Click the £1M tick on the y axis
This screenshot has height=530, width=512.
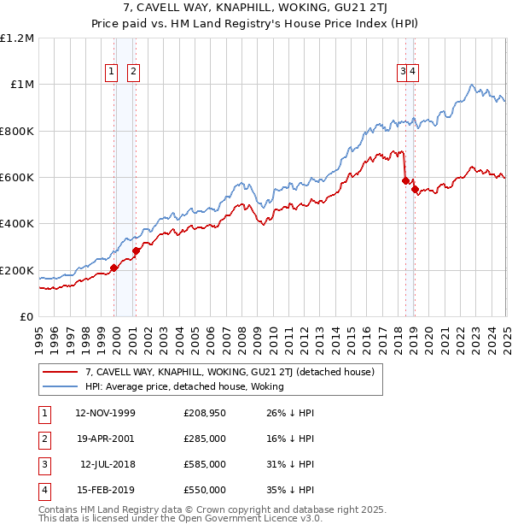click(x=20, y=84)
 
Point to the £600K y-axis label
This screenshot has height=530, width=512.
click(x=16, y=177)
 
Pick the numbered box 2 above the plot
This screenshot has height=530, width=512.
click(x=134, y=73)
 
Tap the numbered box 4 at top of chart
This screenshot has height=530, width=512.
click(x=412, y=73)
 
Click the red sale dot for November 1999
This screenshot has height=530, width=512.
click(x=114, y=268)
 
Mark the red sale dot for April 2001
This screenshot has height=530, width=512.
click(x=137, y=250)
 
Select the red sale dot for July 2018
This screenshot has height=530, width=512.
click(x=405, y=180)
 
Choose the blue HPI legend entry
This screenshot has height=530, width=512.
click(x=183, y=387)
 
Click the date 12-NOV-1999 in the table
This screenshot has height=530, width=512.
click(x=105, y=414)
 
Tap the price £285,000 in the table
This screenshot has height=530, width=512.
click(x=205, y=439)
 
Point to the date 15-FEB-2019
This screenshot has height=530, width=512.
click(x=105, y=491)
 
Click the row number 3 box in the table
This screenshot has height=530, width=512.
click(x=43, y=465)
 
